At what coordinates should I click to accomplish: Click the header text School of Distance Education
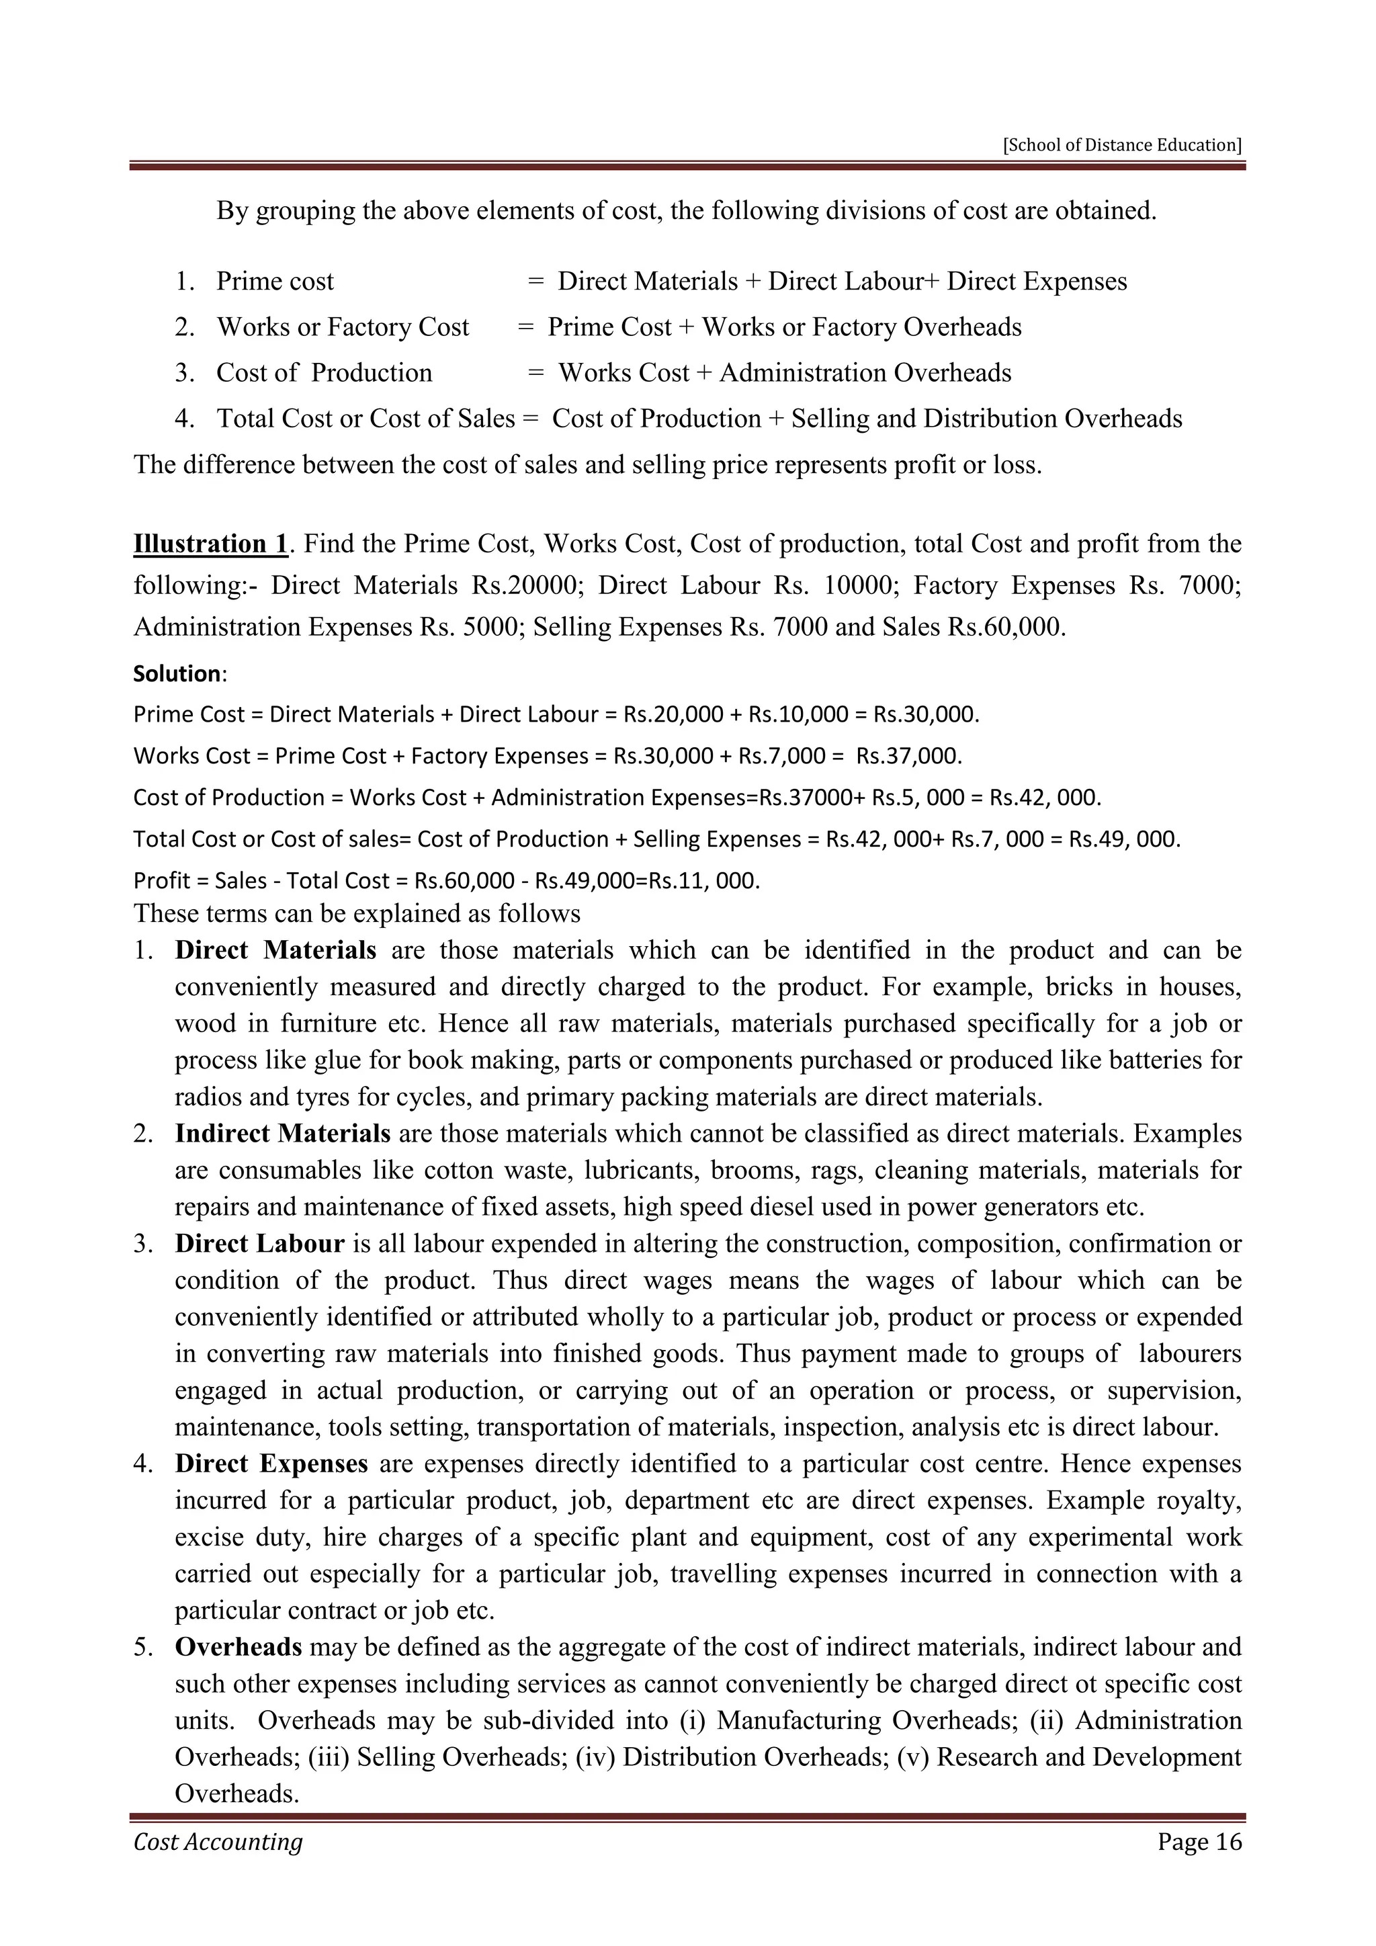click(x=1122, y=145)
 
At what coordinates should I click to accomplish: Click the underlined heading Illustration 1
click(x=210, y=544)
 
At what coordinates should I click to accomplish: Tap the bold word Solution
click(x=177, y=674)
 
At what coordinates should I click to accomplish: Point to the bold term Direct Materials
click(x=275, y=950)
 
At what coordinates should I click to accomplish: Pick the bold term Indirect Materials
click(x=282, y=1133)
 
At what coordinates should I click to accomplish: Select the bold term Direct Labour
click(x=259, y=1243)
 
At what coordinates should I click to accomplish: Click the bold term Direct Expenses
click(x=271, y=1464)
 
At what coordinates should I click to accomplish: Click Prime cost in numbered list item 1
click(x=275, y=282)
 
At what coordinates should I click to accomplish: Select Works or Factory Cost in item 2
click(x=342, y=327)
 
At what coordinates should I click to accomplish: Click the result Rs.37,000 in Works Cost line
click(x=908, y=756)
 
